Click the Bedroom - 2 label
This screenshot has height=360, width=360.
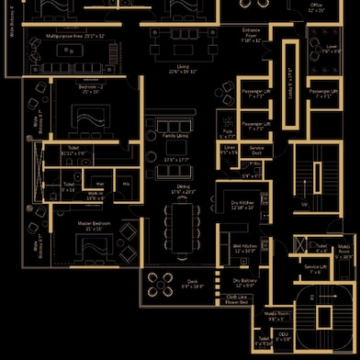tap(89, 89)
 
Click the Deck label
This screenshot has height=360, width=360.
tap(192, 283)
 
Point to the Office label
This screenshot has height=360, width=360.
tap(316, 6)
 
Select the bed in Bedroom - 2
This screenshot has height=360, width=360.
tap(91, 120)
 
